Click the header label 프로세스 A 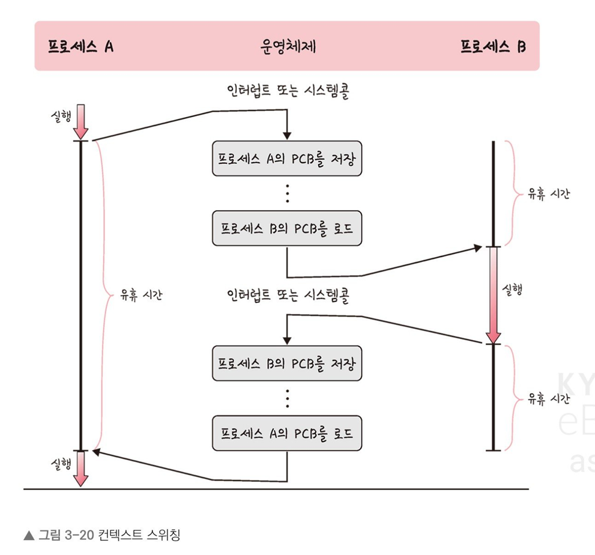coord(80,46)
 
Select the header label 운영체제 coord(288,46)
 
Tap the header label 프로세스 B coord(492,46)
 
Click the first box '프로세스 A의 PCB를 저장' coord(287,159)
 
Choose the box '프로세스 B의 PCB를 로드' coord(287,228)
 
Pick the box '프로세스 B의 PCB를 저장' coord(287,363)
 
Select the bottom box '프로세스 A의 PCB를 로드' coord(287,432)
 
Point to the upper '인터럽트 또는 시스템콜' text coord(285,92)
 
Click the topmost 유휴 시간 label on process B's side coord(549,193)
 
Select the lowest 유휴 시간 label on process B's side coord(549,398)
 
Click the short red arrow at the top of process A coord(81,122)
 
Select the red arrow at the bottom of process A coord(81,468)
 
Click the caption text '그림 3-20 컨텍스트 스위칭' coord(109,534)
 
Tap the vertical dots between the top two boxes coord(287,193)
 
